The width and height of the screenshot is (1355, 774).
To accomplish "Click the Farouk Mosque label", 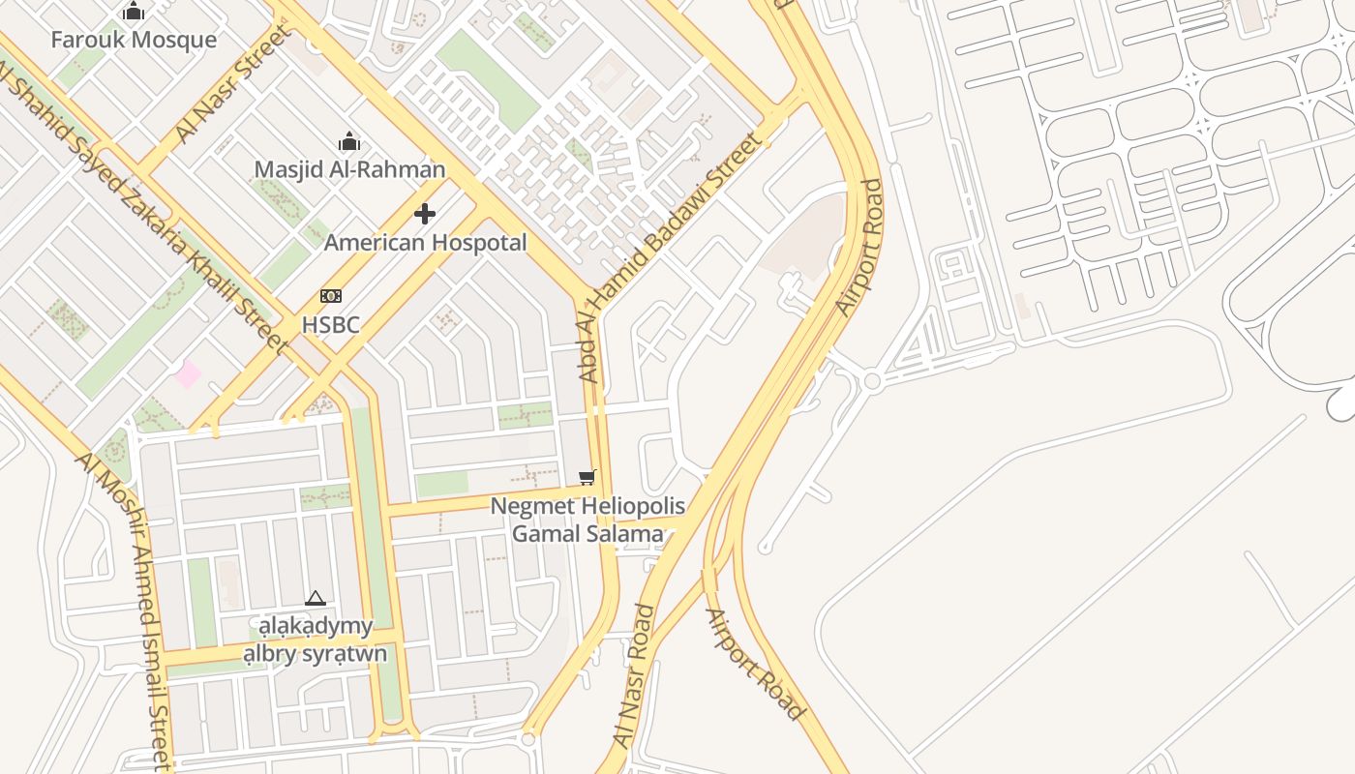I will click(134, 40).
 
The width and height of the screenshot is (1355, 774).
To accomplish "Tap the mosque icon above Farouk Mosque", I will click(134, 12).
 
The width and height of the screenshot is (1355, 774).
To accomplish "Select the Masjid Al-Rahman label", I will click(349, 169).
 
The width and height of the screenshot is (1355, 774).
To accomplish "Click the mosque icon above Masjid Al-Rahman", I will click(349, 142).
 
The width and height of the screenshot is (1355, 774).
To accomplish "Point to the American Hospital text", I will click(425, 242).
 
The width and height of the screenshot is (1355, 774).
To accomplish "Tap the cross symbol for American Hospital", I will click(425, 214).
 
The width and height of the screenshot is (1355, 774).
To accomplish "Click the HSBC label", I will click(330, 324).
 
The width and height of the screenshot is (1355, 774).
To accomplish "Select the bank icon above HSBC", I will click(330, 296).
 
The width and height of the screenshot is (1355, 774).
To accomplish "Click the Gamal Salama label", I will click(587, 533).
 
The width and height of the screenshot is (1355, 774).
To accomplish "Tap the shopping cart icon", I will click(587, 477).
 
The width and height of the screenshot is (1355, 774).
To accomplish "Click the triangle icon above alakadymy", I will click(315, 599).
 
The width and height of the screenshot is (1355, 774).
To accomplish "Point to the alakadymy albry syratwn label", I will click(315, 640).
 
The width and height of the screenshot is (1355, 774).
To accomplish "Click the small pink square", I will click(188, 373).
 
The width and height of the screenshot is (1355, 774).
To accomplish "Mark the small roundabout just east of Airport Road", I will click(872, 381).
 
